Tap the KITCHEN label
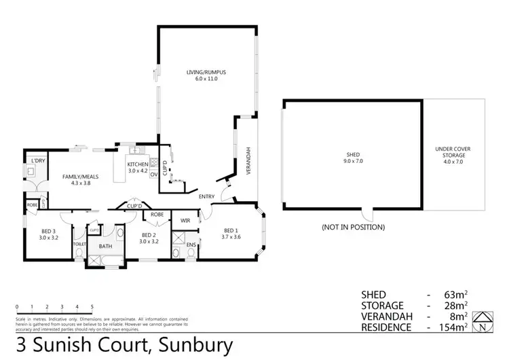pos(138,164)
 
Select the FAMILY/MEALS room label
pos(77,176)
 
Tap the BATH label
pos(105,246)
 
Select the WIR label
pos(185,221)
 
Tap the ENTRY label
pos(207,197)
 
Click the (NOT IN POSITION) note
pos(354,227)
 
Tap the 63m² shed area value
pos(459,295)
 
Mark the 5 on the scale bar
pos(92,306)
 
